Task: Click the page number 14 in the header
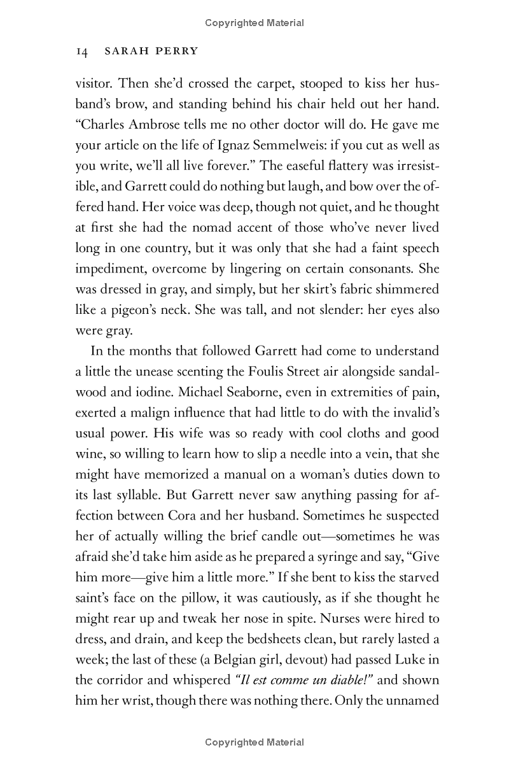pyautogui.click(x=81, y=52)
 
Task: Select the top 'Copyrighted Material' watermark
pyautogui.click(x=254, y=23)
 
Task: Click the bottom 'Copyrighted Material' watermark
pyautogui.click(x=254, y=742)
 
